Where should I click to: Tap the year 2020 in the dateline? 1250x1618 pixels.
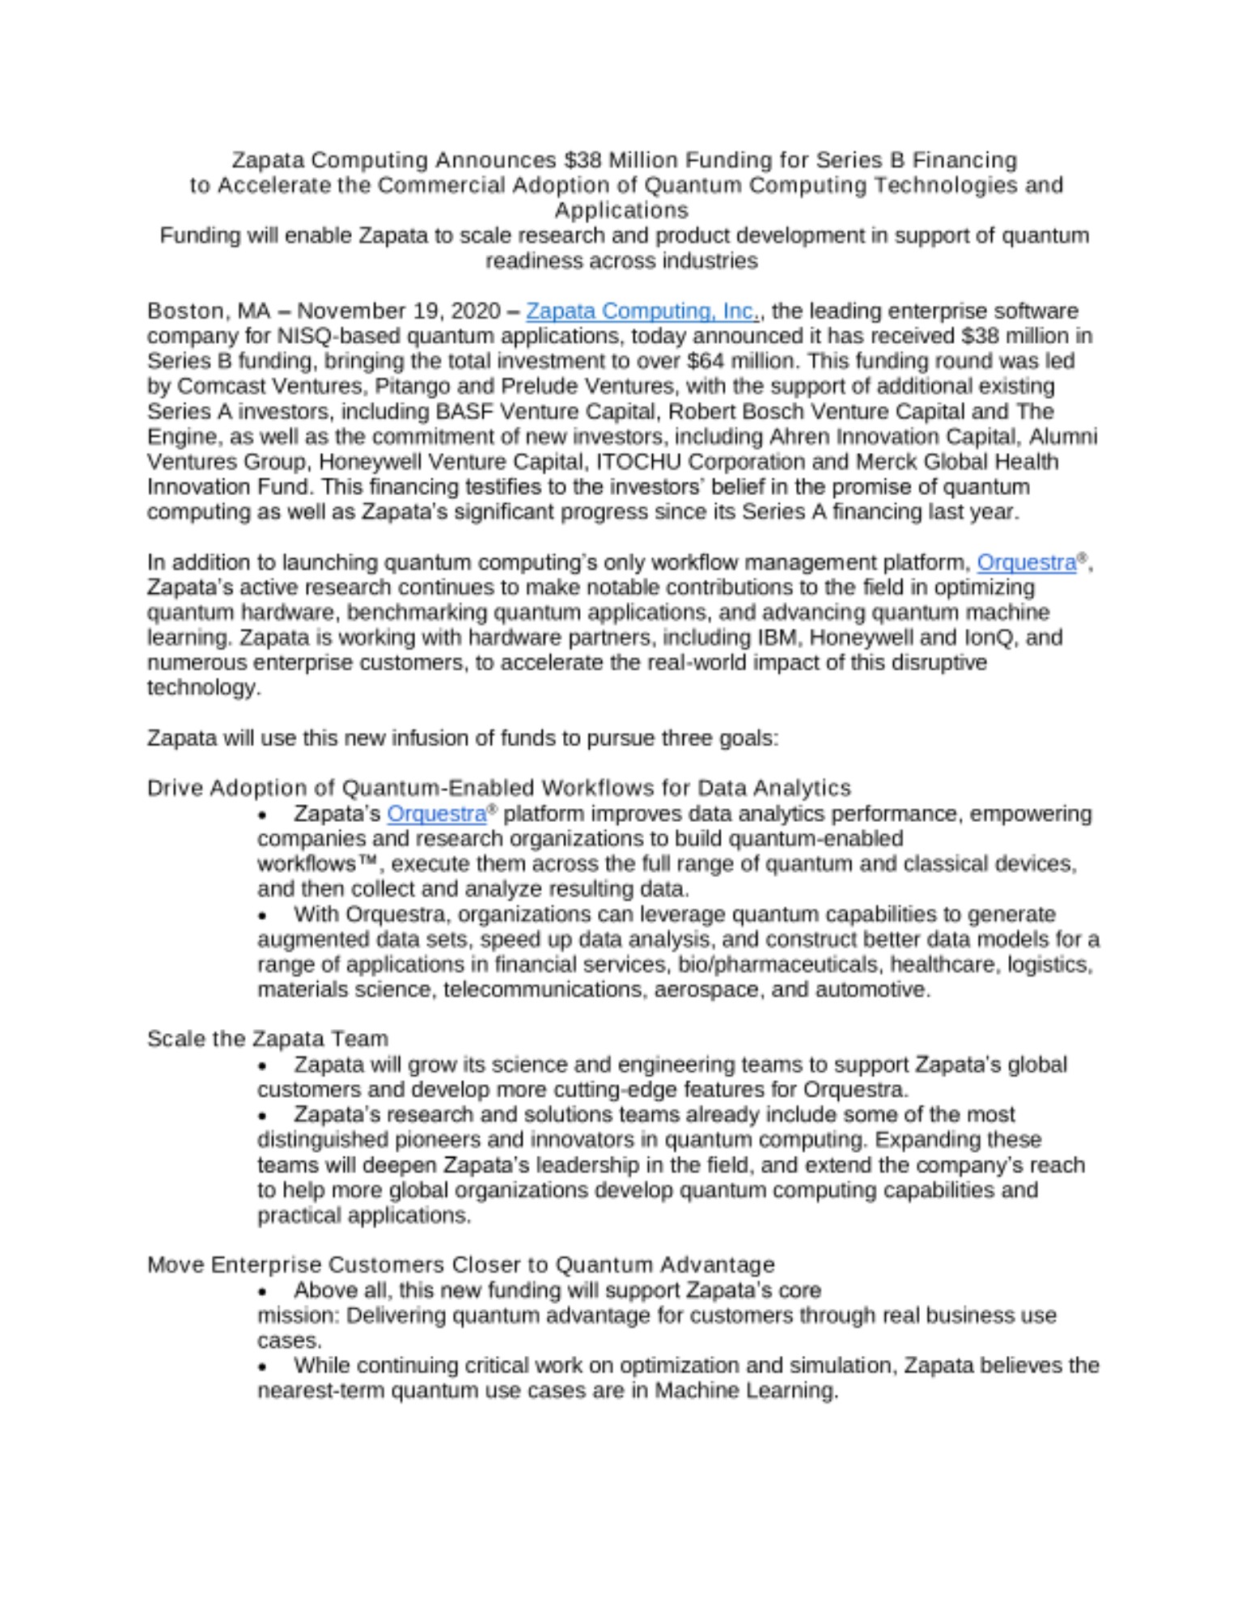(475, 311)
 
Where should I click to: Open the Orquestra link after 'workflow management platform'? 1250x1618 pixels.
(1026, 562)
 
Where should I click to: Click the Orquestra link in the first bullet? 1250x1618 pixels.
(436, 814)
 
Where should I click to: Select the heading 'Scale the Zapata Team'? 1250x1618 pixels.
(267, 1039)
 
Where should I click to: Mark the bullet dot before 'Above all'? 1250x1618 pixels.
(262, 1292)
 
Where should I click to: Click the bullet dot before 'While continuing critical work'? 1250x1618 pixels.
(262, 1367)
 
